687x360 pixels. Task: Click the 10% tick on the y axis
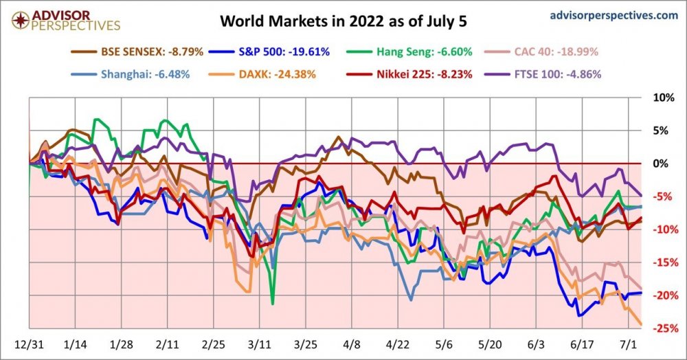tap(662, 98)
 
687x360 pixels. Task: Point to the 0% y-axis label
tap(662, 164)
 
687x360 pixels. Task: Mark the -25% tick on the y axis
tap(662, 328)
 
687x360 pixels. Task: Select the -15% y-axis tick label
tap(662, 262)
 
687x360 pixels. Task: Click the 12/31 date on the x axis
tap(30, 342)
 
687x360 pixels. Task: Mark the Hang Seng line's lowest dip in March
tap(273, 303)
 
